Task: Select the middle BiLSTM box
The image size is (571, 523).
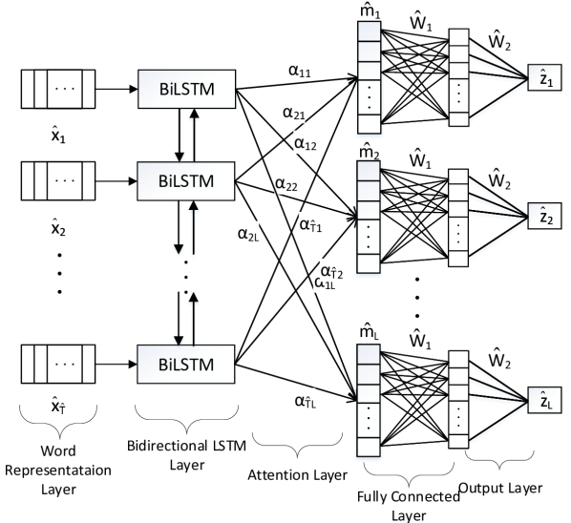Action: point(185,180)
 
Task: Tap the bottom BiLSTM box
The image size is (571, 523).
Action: point(185,365)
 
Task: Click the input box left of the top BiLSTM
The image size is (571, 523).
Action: point(65,90)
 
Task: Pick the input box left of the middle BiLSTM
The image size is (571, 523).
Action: point(65,180)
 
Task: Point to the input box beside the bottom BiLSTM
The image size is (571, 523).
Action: point(65,365)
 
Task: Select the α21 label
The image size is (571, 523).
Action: point(294,114)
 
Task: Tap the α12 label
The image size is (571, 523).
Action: point(306,144)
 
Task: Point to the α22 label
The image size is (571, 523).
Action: point(286,182)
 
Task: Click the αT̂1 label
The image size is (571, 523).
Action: point(310,224)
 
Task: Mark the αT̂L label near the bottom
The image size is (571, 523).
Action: point(306,402)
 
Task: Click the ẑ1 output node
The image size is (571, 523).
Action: point(545,79)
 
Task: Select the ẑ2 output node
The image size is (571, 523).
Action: point(545,217)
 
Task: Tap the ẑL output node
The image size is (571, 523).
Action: point(545,401)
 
